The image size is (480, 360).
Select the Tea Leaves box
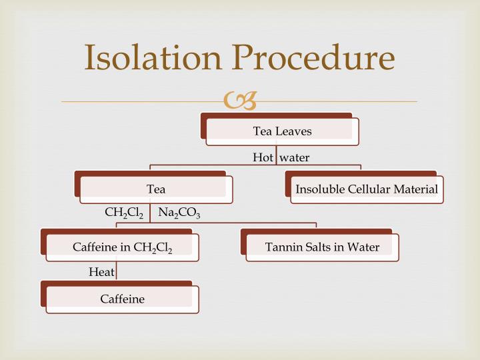[282, 131]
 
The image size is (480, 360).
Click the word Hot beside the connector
[263, 157]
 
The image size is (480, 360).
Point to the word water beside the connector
[294, 157]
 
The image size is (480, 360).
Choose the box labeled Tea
[156, 189]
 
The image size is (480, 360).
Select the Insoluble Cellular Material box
[367, 189]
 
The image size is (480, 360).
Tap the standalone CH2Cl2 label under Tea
[124, 213]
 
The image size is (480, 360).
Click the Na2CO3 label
[179, 213]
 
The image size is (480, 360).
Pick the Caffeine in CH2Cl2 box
[122, 247]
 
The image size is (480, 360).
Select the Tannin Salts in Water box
[322, 247]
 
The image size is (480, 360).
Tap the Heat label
[101, 271]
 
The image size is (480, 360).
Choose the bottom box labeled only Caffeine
[122, 299]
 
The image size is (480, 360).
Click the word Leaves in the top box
[294, 131]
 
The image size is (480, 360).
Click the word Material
[417, 189]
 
